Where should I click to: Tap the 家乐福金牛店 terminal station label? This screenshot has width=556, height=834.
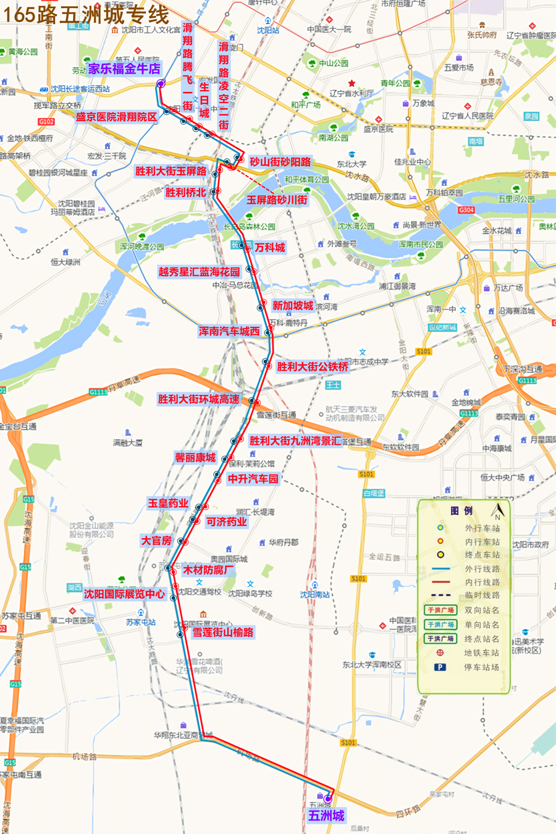coord(124,69)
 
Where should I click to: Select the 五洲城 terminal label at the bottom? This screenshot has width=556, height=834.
coord(326,815)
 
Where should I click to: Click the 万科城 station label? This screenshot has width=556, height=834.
coord(270,247)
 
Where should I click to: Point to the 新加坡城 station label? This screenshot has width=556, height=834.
coord(293,306)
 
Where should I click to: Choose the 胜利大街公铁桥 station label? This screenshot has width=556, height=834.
coord(313,366)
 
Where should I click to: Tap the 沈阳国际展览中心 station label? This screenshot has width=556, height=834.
coord(124,594)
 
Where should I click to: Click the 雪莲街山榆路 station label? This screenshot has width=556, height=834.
coord(223,632)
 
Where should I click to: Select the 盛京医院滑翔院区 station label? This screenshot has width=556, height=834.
coord(116,117)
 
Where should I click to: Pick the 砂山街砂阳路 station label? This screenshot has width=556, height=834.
coord(280,162)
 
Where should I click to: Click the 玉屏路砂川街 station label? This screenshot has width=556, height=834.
coord(277,200)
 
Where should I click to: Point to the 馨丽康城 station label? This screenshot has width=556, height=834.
coord(195,457)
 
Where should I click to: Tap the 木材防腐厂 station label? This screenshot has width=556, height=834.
coord(208,570)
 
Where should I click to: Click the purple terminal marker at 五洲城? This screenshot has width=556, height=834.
coord(327,799)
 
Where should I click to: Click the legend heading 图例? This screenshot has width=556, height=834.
coord(461,510)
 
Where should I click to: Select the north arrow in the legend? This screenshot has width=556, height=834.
coord(497,512)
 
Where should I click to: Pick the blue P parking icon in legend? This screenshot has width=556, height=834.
coord(440,667)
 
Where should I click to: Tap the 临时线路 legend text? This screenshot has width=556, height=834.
coord(482,595)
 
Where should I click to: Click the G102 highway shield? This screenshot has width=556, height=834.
coord(46,122)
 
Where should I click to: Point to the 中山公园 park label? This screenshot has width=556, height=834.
coord(334,63)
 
